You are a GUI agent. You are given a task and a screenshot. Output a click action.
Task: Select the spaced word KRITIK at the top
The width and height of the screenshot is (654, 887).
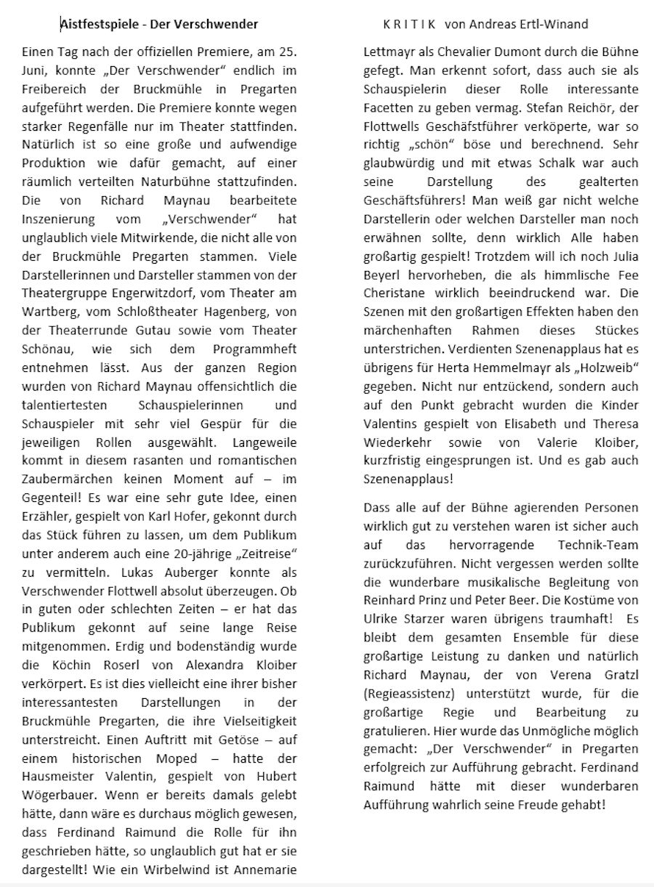coord(409,25)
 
